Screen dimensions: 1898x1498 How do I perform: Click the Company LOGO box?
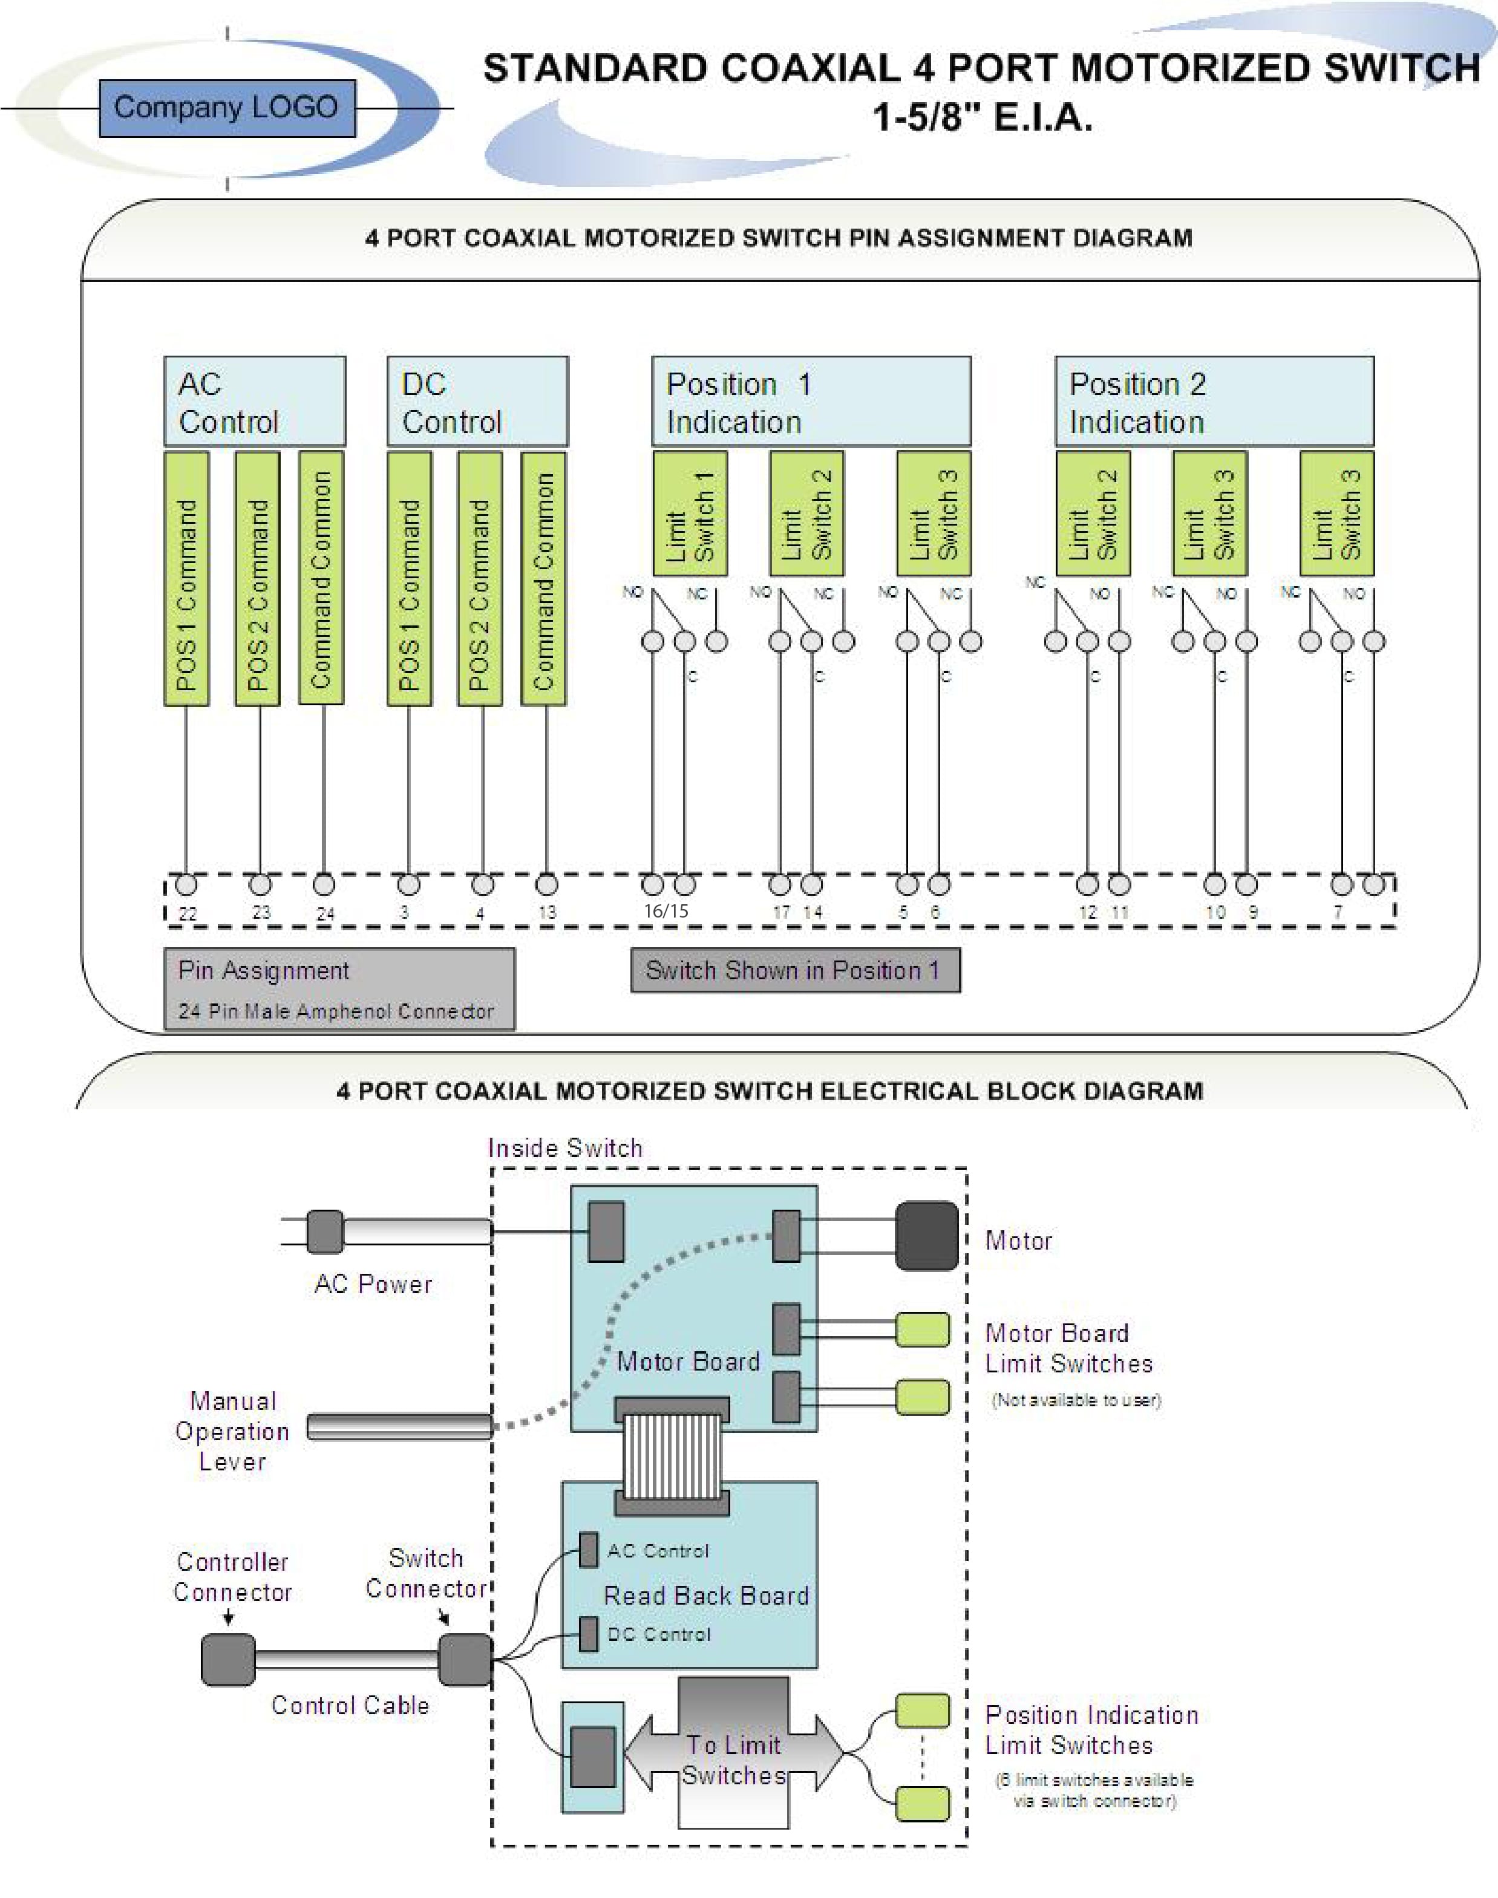pos(227,108)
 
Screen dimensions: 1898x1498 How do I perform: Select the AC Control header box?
pos(254,402)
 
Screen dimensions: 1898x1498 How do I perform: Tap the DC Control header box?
pos(478,402)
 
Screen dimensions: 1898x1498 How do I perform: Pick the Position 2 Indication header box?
pos(1214,402)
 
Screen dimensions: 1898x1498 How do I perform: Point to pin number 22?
pos(188,913)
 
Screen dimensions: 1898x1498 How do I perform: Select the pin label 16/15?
pos(666,911)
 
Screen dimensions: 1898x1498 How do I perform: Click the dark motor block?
pos(926,1236)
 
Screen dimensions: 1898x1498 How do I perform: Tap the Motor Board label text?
pos(688,1362)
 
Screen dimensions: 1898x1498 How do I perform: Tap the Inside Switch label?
pos(565,1149)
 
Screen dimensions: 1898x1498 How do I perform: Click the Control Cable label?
pos(350,1705)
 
